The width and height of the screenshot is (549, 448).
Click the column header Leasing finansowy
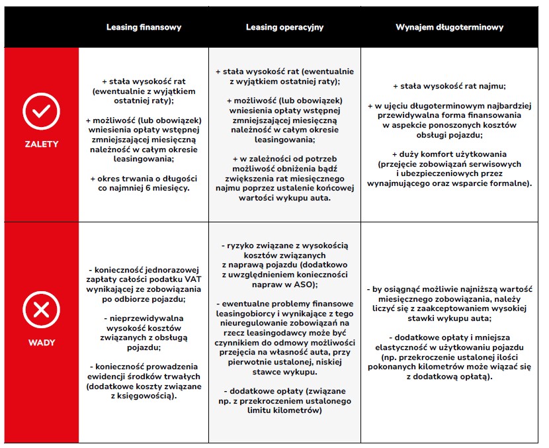point(144,28)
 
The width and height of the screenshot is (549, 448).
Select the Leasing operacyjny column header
point(284,28)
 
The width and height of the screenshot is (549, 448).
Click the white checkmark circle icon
point(41,111)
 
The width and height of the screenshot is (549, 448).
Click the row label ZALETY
point(41,144)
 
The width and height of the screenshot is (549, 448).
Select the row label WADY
point(41,343)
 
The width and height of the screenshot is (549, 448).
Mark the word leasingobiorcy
point(247,313)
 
